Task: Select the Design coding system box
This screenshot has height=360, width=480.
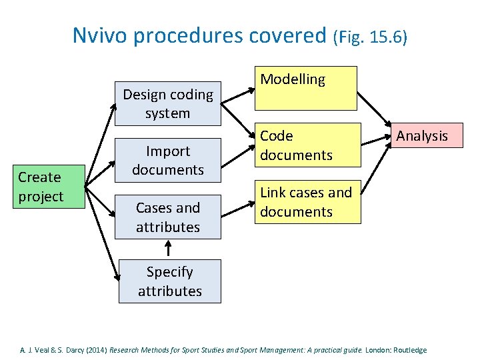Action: coord(167,104)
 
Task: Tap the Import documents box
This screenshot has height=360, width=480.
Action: coord(167,161)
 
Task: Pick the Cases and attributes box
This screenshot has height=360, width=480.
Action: coord(167,217)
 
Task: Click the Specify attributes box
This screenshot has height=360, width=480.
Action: coord(169,281)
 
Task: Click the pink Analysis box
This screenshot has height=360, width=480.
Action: coord(421,136)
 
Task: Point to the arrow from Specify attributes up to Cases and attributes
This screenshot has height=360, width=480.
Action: coord(168,249)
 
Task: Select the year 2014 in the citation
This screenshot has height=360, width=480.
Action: coord(95,350)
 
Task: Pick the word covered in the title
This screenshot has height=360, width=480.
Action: coord(291,35)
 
